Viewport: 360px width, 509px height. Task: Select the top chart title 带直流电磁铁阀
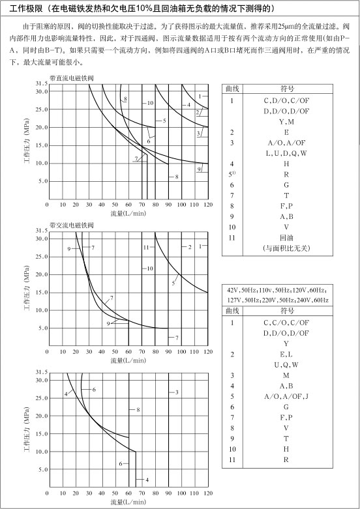[72, 78]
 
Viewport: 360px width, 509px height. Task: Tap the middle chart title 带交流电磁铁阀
[72, 225]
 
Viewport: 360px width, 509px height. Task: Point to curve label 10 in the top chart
[150, 103]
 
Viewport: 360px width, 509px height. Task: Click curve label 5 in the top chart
[164, 121]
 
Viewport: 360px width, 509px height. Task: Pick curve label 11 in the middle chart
[146, 248]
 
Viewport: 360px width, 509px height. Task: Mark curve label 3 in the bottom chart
[177, 392]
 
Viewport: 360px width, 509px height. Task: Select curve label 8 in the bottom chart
[138, 410]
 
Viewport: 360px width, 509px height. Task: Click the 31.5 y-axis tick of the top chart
[42, 83]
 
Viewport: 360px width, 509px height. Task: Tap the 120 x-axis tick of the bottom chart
[208, 493]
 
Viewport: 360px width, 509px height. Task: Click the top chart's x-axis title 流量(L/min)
[128, 213]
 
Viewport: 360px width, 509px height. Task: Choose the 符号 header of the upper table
[287, 89]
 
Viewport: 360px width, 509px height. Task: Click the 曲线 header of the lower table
[233, 311]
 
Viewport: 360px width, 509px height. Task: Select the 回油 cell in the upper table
[286, 238]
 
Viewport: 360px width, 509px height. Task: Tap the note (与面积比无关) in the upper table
[286, 248]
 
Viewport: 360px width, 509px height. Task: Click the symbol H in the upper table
[286, 164]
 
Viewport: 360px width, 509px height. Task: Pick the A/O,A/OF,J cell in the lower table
[286, 396]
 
